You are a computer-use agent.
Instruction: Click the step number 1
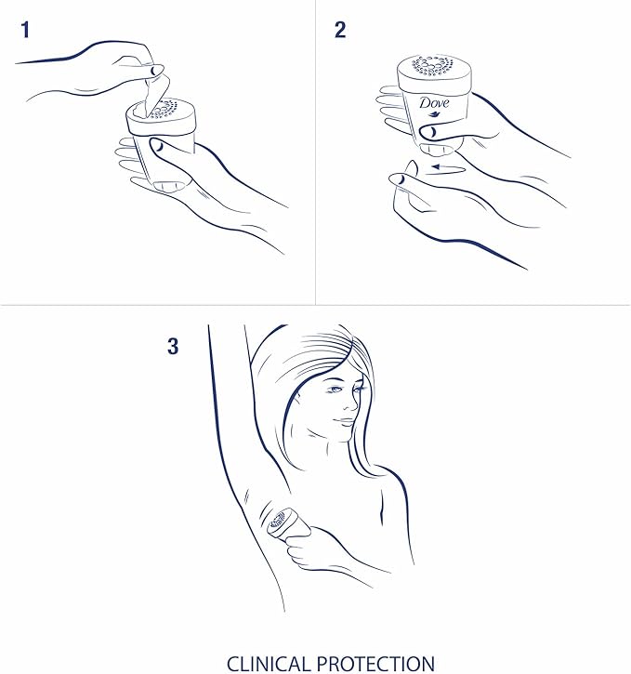click(x=25, y=30)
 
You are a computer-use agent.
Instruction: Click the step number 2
click(x=340, y=30)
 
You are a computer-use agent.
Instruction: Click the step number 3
click(x=173, y=346)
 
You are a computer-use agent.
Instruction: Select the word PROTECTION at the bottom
click(x=375, y=664)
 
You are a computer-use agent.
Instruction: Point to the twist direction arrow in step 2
click(x=448, y=167)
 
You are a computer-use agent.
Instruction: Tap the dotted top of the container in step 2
click(x=433, y=65)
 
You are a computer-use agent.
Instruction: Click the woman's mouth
click(x=345, y=422)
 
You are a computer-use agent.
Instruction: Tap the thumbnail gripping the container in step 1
click(x=157, y=146)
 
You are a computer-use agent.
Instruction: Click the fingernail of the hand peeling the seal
click(x=156, y=70)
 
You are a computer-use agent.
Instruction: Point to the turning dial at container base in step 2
click(x=437, y=149)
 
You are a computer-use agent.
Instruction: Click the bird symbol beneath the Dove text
click(x=434, y=114)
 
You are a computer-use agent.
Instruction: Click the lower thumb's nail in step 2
click(x=398, y=178)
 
